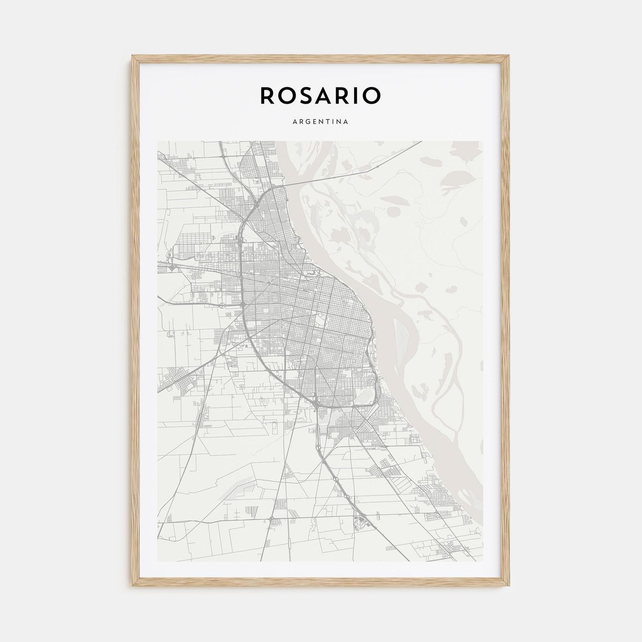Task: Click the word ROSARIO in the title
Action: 320,95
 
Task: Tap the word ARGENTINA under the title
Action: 320,122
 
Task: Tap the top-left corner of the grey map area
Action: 158,141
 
